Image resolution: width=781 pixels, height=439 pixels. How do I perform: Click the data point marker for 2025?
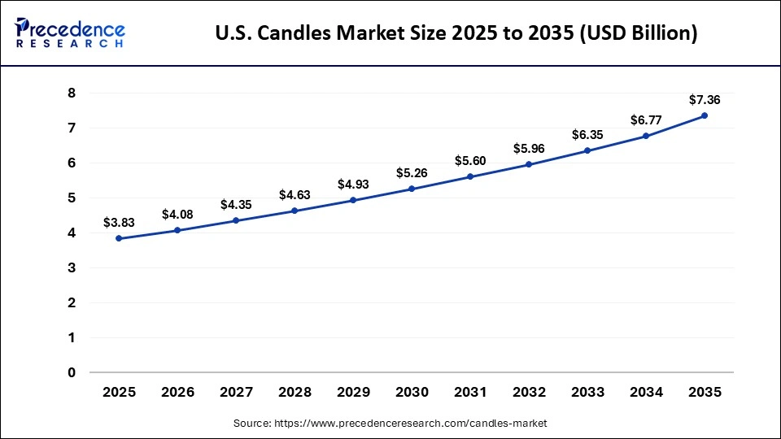[x=119, y=238]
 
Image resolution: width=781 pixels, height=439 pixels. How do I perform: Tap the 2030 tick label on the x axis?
[x=412, y=392]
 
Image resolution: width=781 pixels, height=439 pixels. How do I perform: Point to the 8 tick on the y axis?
[x=71, y=93]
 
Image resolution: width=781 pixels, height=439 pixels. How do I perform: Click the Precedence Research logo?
[x=70, y=33]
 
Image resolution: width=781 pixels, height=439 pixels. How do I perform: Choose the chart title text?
[x=456, y=34]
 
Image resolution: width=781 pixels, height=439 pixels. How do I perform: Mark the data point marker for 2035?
[x=705, y=115]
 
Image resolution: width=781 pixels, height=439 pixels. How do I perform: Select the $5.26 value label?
[x=412, y=172]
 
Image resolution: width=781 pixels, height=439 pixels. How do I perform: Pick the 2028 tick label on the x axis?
[x=295, y=392]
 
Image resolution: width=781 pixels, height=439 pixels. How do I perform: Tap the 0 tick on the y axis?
[x=71, y=372]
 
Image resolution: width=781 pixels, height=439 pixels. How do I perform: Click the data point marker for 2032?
[x=529, y=164]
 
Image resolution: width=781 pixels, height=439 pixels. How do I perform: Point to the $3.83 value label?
[x=119, y=222]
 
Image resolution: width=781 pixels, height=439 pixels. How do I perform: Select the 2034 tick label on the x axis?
[x=646, y=392]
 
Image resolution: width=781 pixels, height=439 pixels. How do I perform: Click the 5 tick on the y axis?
[x=71, y=198]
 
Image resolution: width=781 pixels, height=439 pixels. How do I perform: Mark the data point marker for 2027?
[x=236, y=220]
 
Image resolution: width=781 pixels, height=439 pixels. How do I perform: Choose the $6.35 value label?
[x=587, y=134]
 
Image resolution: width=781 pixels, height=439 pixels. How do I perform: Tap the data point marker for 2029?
[x=353, y=200]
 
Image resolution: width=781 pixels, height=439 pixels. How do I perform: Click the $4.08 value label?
[x=177, y=214]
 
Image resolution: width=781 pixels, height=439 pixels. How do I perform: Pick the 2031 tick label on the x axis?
[x=470, y=392]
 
